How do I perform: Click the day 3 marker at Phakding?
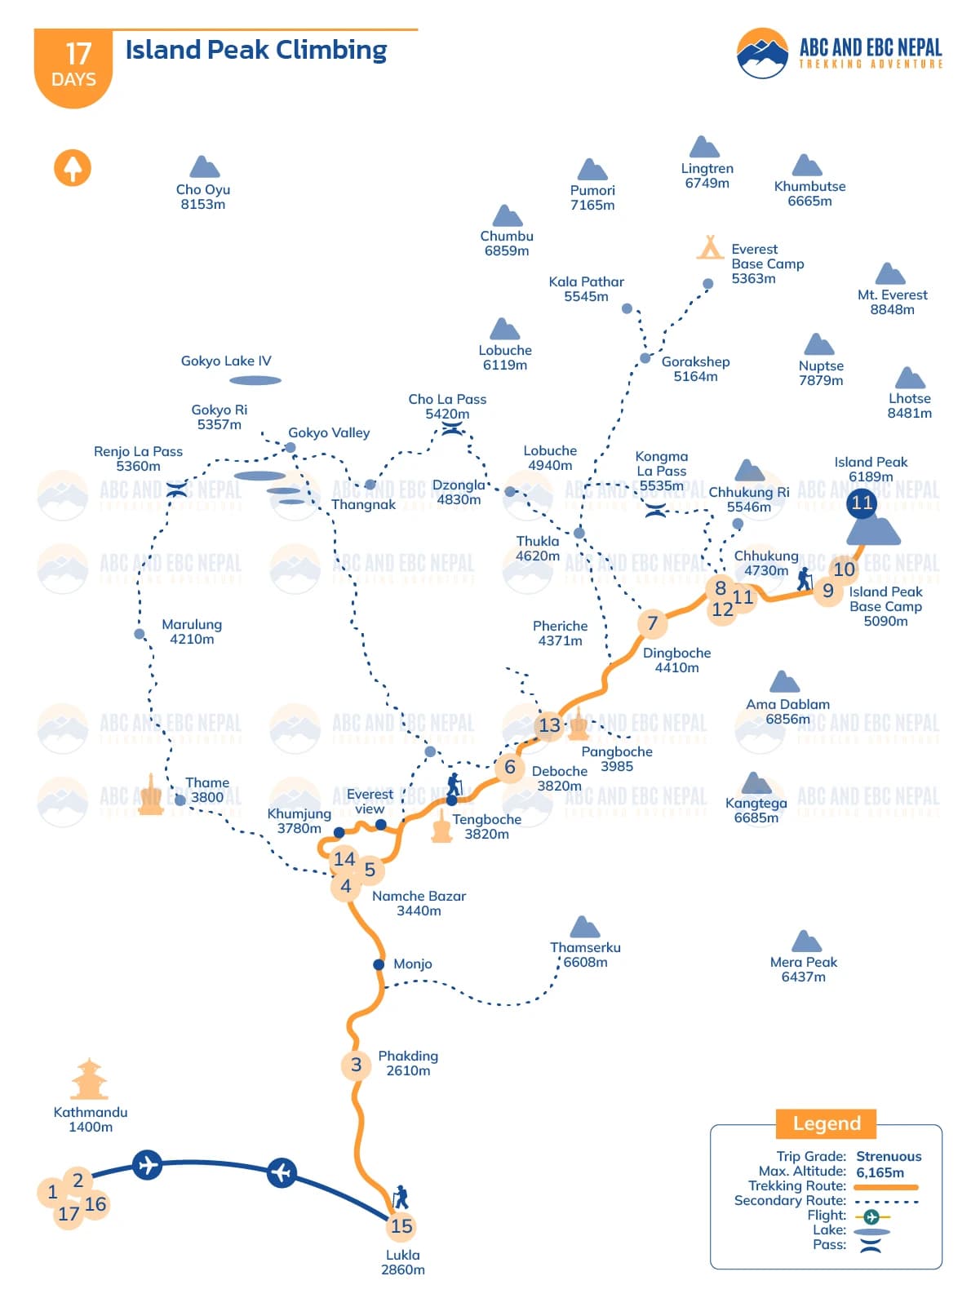pyautogui.click(x=356, y=1065)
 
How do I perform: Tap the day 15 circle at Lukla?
pyautogui.click(x=401, y=1226)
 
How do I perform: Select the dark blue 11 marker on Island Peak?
pyautogui.click(x=862, y=503)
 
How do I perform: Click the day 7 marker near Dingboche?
pyautogui.click(x=652, y=623)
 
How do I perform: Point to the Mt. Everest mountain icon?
pyautogui.click(x=890, y=274)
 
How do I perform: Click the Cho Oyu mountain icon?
pyautogui.click(x=204, y=167)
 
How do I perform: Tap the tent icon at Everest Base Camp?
pyautogui.click(x=710, y=246)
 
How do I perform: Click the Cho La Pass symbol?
pyautogui.click(x=452, y=427)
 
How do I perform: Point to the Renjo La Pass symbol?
pyautogui.click(x=177, y=490)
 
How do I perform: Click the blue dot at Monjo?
pyautogui.click(x=379, y=964)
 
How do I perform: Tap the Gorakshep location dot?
pyautogui.click(x=645, y=358)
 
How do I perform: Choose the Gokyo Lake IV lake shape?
pyautogui.click(x=255, y=380)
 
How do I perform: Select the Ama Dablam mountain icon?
pyautogui.click(x=784, y=682)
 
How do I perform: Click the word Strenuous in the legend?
pyautogui.click(x=889, y=1156)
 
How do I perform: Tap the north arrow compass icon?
pyautogui.click(x=73, y=168)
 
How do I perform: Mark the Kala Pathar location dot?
pyautogui.click(x=627, y=308)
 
